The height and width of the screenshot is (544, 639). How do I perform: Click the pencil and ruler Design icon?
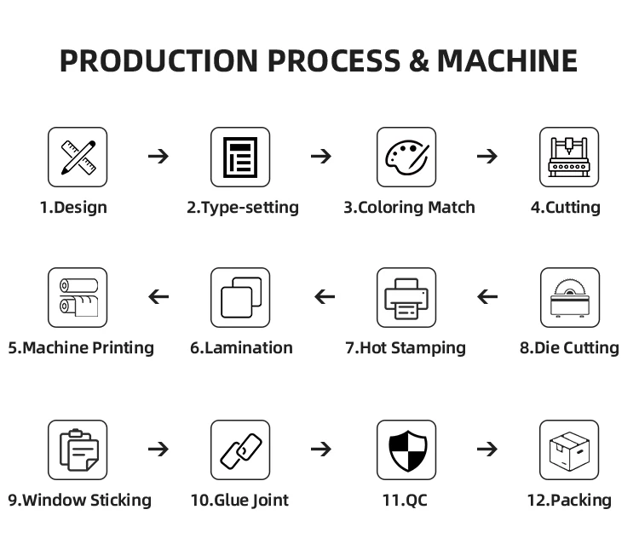[x=78, y=157]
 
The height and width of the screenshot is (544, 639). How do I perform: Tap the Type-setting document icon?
[x=240, y=157]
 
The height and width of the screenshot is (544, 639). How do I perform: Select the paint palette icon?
[x=406, y=157]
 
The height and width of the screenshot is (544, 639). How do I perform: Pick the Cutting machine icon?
[x=569, y=157]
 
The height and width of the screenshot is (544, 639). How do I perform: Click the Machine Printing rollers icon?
[x=78, y=297]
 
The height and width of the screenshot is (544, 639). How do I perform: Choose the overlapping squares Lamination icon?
[x=240, y=297]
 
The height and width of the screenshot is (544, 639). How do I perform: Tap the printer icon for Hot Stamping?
[x=406, y=297]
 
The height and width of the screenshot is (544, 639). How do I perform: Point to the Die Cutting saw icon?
[x=569, y=297]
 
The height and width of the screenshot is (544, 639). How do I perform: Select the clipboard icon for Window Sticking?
[x=78, y=450]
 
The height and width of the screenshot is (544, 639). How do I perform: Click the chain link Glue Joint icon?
[x=240, y=450]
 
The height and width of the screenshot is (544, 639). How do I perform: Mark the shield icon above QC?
[x=406, y=450]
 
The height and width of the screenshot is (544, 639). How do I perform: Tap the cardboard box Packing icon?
[x=569, y=450]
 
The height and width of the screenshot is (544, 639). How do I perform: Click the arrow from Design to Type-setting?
[x=158, y=157]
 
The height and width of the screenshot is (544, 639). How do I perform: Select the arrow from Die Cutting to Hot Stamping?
[x=487, y=297]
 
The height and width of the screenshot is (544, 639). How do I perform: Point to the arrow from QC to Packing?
[x=487, y=450]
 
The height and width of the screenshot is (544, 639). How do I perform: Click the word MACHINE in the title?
[x=507, y=61]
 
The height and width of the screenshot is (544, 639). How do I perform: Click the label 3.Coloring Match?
[x=409, y=208]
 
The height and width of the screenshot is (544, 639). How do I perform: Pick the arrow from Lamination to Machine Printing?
[x=158, y=297]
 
